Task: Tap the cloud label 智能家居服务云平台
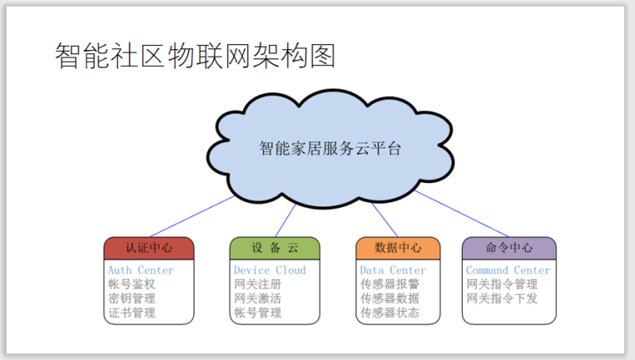pos(330,149)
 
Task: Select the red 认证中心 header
pos(149,248)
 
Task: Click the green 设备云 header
pos(275,248)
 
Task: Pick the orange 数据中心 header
pos(398,248)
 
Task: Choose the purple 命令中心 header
pos(509,248)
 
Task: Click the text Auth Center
pos(140,271)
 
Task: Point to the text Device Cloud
pos(270,271)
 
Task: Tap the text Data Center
pos(393,271)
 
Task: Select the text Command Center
pos(508,271)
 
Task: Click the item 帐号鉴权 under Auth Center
pos(132,285)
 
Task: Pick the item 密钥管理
pos(132,299)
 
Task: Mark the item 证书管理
pos(132,313)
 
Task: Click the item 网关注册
pos(257,285)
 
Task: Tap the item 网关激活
pos(257,299)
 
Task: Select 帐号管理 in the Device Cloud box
pos(257,313)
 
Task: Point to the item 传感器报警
pos(389,285)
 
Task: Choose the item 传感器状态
pos(389,313)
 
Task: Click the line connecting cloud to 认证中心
pos(192,216)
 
